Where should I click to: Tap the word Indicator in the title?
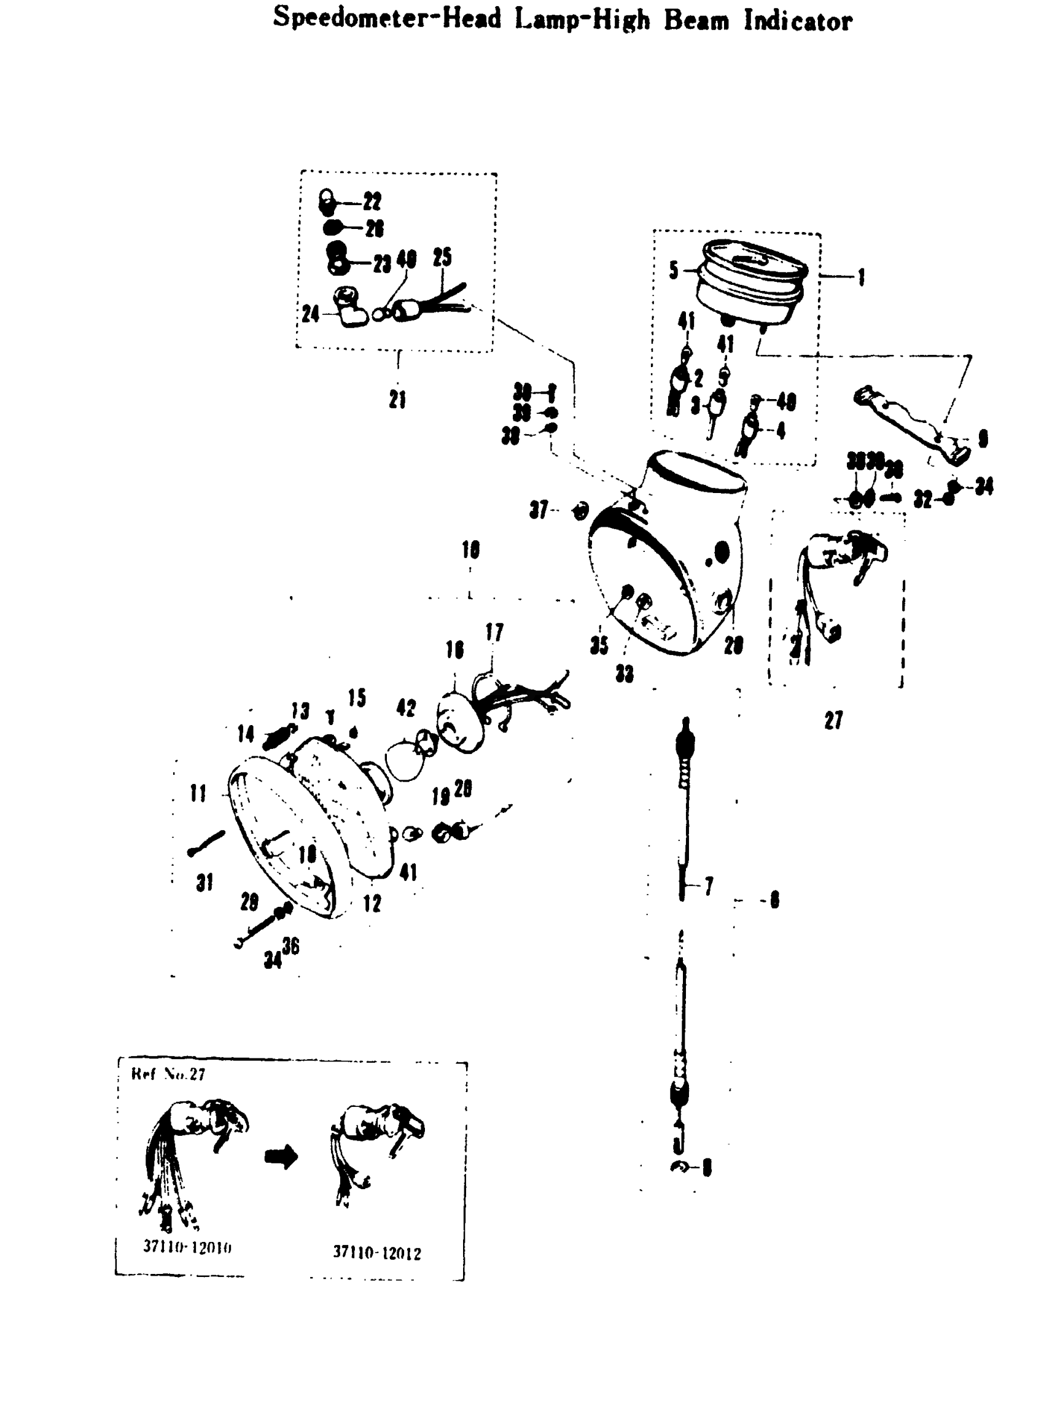point(798,21)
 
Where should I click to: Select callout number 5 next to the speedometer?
point(674,270)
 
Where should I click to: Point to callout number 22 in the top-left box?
point(372,202)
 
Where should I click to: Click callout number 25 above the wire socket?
point(442,257)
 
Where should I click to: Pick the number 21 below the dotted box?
point(397,399)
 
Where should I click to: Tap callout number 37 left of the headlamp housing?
point(539,510)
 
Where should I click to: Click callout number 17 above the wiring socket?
point(494,632)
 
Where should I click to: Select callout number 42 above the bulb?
point(406,708)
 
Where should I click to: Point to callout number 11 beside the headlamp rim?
point(198,794)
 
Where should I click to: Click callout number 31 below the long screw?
point(204,883)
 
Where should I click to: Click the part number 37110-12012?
point(376,1253)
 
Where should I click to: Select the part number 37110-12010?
point(187,1247)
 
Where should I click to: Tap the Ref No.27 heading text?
point(168,1074)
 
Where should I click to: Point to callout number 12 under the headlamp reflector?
point(372,904)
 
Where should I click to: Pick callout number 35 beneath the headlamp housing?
point(599,645)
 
